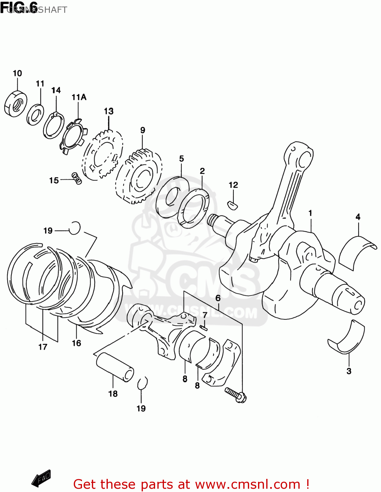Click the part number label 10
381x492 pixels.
17,73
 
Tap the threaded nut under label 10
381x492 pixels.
16,104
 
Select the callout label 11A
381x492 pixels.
79,97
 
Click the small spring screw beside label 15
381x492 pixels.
77,178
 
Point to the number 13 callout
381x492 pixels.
109,111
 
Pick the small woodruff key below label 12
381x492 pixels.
233,205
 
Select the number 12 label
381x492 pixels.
233,185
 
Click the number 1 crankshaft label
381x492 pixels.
310,213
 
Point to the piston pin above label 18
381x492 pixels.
115,367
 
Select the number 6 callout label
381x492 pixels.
218,298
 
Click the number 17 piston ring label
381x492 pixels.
43,347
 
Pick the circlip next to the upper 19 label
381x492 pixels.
75,228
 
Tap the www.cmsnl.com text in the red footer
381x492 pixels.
248,484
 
